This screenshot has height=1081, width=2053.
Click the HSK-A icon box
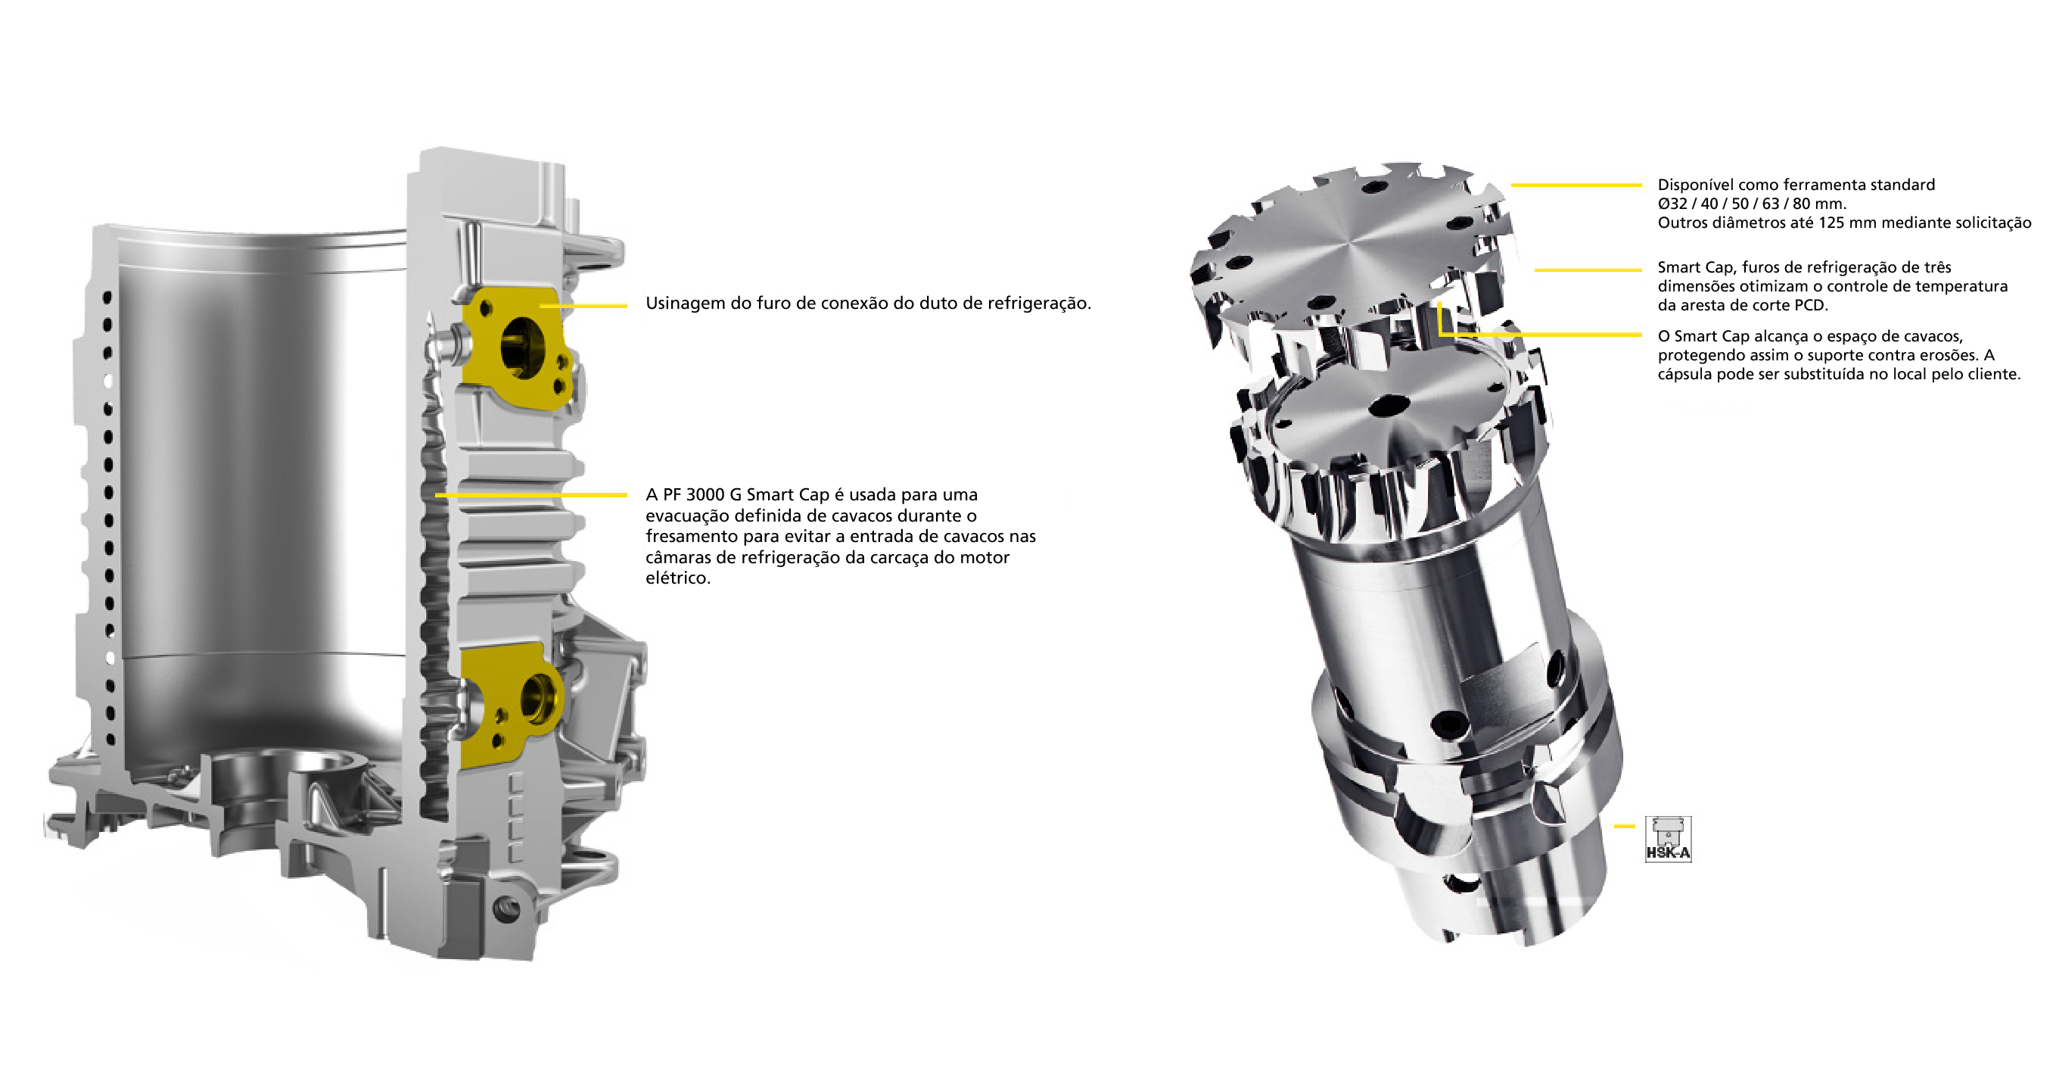pyautogui.click(x=1668, y=840)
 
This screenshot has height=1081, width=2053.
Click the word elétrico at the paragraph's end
pyautogui.click(x=677, y=578)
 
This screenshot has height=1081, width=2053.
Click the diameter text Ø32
pyautogui.click(x=1672, y=204)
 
